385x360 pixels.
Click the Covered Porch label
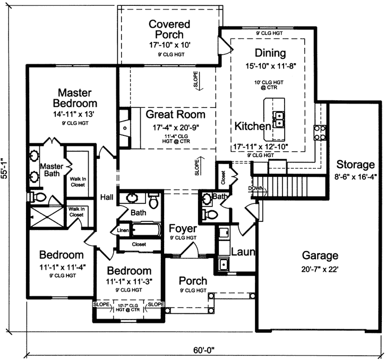click(169, 29)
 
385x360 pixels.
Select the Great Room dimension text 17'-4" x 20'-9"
click(167, 127)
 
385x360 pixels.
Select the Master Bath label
click(52, 170)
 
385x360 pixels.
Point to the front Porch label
click(193, 280)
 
